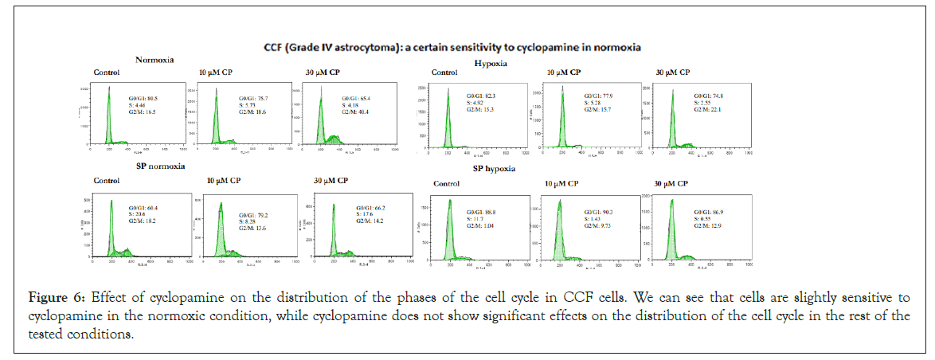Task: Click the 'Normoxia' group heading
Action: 155,60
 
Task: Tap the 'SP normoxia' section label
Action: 161,166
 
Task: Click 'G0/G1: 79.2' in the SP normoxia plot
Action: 255,215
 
